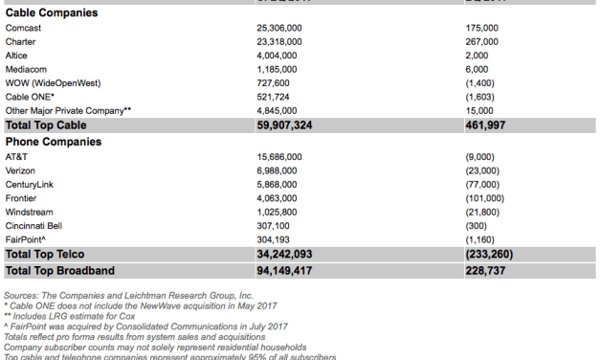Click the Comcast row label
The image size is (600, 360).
23,29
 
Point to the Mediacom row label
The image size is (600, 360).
28,70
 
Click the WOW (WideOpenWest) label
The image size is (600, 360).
52,83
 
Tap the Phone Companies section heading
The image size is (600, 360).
54,142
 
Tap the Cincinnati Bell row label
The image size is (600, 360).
35,225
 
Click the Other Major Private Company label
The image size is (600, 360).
68,111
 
